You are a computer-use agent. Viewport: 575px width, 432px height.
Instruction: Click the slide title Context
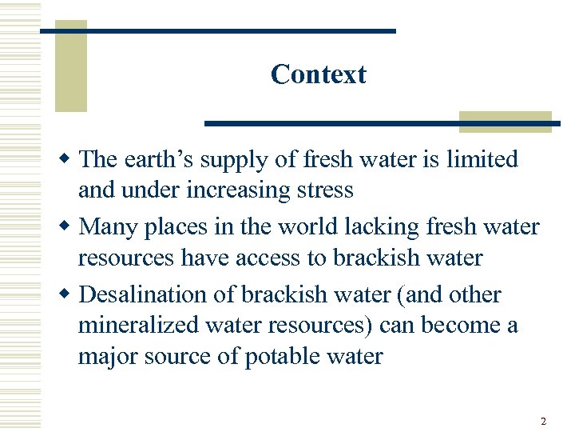coord(318,74)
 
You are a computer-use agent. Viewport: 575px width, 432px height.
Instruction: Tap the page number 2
coord(543,421)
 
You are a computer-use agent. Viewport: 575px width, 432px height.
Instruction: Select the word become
coord(464,326)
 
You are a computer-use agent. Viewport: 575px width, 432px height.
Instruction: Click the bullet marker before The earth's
coord(69,160)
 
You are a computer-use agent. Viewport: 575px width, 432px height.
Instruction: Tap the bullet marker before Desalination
coord(69,294)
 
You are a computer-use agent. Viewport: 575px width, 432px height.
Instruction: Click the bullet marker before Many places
coord(69,227)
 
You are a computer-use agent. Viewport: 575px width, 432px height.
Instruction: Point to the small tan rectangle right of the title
coord(505,121)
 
